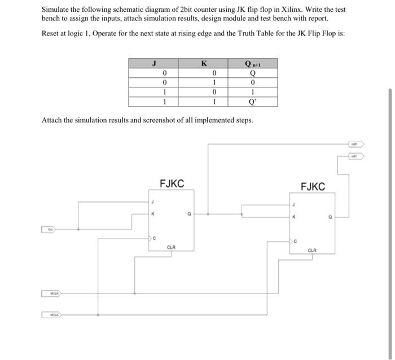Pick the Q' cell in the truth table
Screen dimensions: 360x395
(x=253, y=102)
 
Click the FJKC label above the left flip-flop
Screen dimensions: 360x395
(x=172, y=183)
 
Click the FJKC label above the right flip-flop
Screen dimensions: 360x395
(x=313, y=187)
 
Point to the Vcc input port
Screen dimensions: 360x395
(x=50, y=230)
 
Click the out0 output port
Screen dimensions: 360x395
(x=356, y=144)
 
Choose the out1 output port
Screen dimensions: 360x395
(x=356, y=155)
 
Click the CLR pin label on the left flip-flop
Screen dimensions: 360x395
(x=172, y=247)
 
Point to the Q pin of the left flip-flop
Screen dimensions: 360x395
(x=190, y=214)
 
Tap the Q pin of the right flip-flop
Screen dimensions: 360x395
(x=331, y=217)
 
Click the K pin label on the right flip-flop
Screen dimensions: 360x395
(x=293, y=217)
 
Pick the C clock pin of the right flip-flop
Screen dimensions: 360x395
(x=295, y=241)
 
